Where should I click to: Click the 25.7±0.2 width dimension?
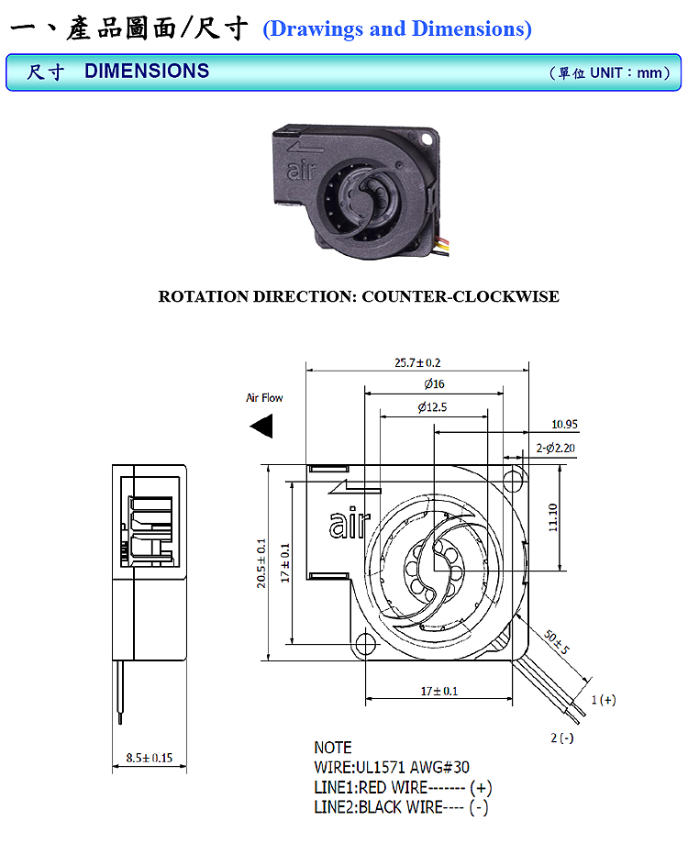coord(417,362)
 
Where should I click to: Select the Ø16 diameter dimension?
coord(434,383)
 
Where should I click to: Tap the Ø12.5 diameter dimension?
coord(431,406)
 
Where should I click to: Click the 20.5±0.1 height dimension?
coord(261,562)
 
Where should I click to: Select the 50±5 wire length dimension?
coord(556,642)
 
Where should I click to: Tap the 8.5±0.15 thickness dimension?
coord(149,758)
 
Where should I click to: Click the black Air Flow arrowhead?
coord(263,427)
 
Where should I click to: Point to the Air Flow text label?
coord(264,398)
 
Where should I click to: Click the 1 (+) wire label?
coord(603,700)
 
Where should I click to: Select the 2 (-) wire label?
coord(562,738)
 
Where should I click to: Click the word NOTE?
coord(333,748)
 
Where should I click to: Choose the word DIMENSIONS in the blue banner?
coord(147,71)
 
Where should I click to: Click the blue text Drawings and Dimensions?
coord(397,28)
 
